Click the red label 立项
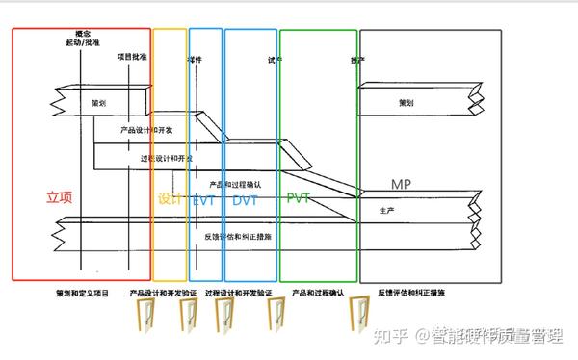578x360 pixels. [x=59, y=197]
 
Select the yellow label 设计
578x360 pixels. [x=170, y=199]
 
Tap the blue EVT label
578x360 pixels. [x=203, y=200]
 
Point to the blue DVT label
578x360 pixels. [x=247, y=200]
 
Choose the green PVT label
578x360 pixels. [x=301, y=199]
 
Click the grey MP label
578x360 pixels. [x=402, y=184]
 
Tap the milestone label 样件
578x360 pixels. [x=195, y=59]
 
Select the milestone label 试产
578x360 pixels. [x=276, y=59]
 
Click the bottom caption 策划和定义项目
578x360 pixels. [x=82, y=291]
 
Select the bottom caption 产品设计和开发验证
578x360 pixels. [x=163, y=291]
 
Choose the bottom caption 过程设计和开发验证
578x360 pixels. [x=239, y=291]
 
